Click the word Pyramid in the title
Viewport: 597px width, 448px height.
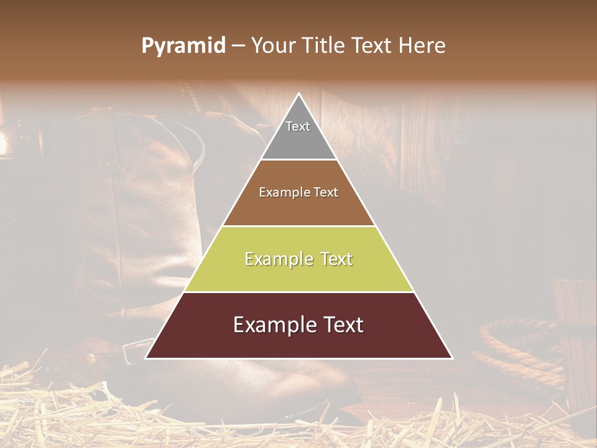(183, 46)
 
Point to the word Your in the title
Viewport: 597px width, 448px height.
(273, 45)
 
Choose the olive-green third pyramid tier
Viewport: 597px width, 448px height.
(298, 274)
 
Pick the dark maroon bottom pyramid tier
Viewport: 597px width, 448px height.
(298, 339)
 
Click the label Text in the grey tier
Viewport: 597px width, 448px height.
(298, 126)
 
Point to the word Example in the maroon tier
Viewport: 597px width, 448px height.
(271, 325)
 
